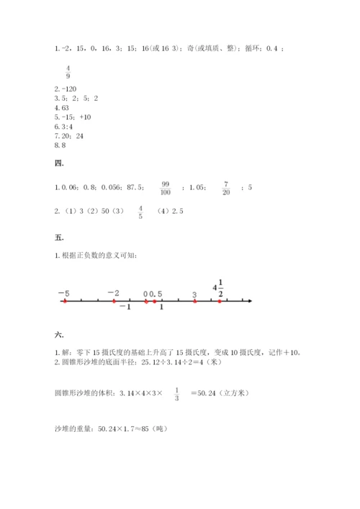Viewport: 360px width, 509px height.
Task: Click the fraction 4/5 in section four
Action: tap(140, 212)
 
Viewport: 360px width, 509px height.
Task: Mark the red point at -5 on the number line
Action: tap(65, 301)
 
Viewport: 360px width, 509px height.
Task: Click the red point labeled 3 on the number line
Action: tap(194, 301)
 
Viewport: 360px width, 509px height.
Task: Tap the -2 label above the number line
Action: tap(113, 292)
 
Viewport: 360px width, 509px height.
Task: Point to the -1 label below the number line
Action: tap(125, 308)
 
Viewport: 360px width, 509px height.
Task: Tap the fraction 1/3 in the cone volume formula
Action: tap(176, 392)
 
